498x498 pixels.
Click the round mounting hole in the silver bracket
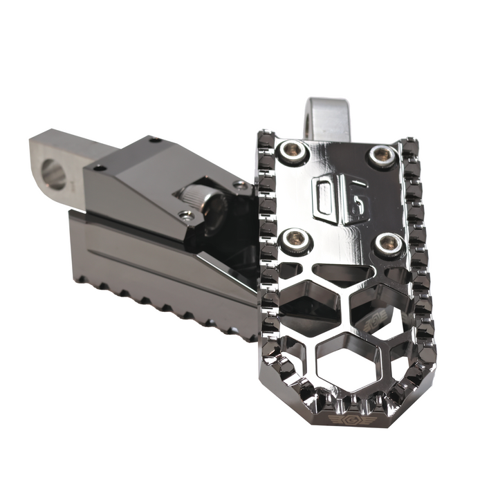point(54,175)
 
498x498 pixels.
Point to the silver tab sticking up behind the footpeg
point(326,117)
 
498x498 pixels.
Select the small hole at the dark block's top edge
point(154,140)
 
